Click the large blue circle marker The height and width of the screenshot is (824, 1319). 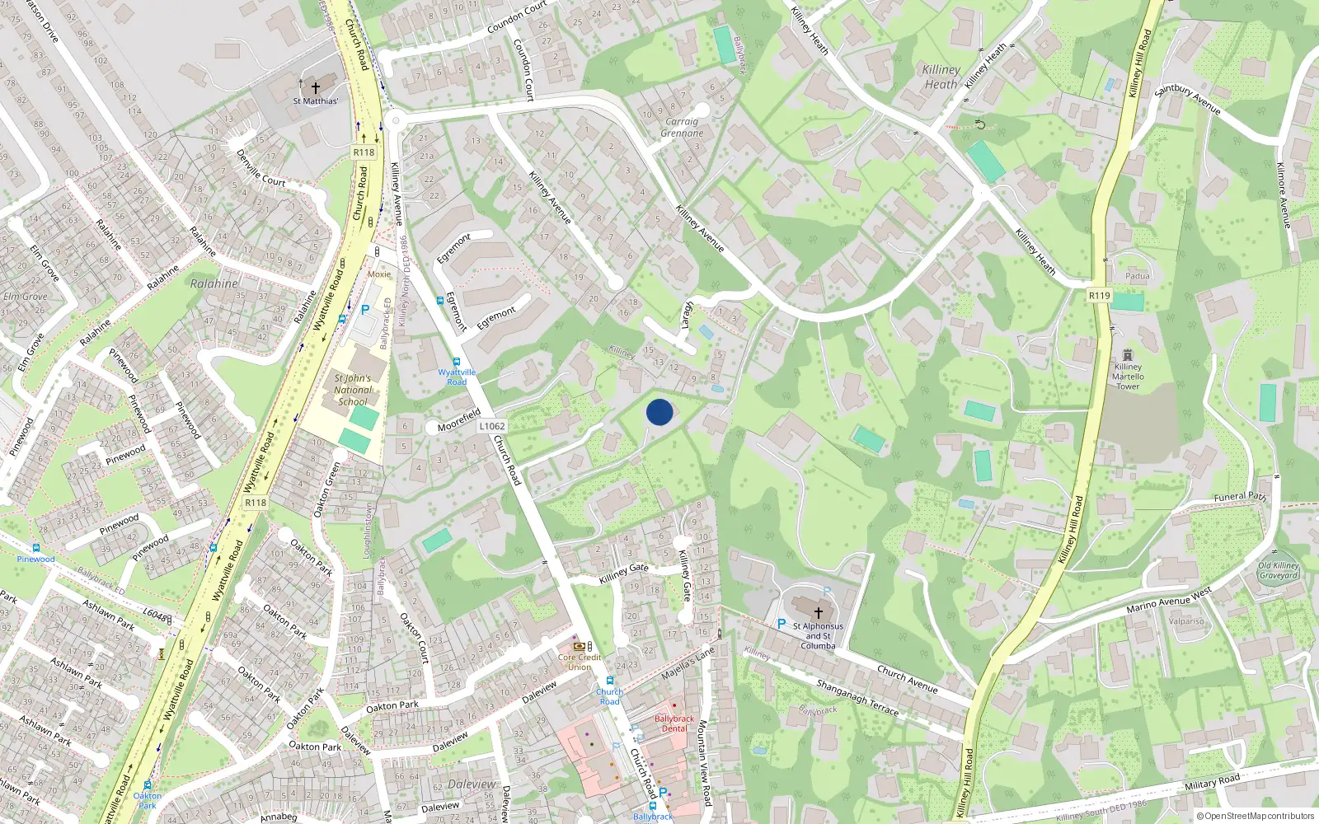click(x=659, y=411)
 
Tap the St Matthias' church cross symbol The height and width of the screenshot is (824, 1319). click(x=315, y=87)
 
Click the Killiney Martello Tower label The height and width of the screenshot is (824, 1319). click(x=1128, y=377)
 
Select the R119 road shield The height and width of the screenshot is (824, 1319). click(x=1099, y=295)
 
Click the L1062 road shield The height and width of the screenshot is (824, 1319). click(x=491, y=426)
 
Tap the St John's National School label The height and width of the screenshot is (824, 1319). click(x=352, y=390)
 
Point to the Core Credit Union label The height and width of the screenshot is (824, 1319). click(x=579, y=662)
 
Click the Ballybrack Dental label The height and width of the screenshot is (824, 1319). click(x=674, y=723)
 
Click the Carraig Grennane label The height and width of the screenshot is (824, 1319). click(x=683, y=127)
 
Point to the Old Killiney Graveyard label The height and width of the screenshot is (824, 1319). click(x=1278, y=570)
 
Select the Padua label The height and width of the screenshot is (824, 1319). click(x=1137, y=276)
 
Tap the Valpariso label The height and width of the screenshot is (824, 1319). click(x=1186, y=621)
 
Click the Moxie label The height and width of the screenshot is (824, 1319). click(x=379, y=274)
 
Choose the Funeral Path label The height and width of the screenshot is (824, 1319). click(x=1239, y=497)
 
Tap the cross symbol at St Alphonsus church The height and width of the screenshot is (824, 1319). click(x=818, y=612)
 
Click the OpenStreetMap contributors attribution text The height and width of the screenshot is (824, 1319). click(x=1255, y=816)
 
